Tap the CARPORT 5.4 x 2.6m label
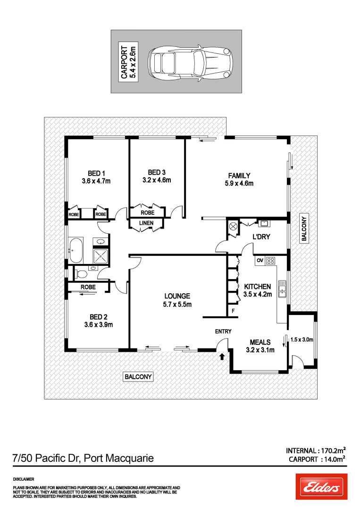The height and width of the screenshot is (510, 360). coord(128,61)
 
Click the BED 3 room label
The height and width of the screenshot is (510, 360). coord(156,176)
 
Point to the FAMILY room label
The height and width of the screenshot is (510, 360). coord(239,179)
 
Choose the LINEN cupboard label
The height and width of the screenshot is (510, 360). coord(145,223)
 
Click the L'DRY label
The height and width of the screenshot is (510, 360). coord(261,237)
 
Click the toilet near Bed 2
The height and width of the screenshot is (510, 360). coord(81,273)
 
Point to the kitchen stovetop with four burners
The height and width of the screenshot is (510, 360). coord(271,260)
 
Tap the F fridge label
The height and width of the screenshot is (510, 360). coord(232,311)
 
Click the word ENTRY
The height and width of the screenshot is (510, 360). coord(223,331)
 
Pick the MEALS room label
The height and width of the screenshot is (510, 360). coord(260,346)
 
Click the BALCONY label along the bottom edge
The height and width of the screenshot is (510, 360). coord(138,376)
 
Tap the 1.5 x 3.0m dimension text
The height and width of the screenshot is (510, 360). coord(302,340)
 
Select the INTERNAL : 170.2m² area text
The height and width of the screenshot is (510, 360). coord(316,450)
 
